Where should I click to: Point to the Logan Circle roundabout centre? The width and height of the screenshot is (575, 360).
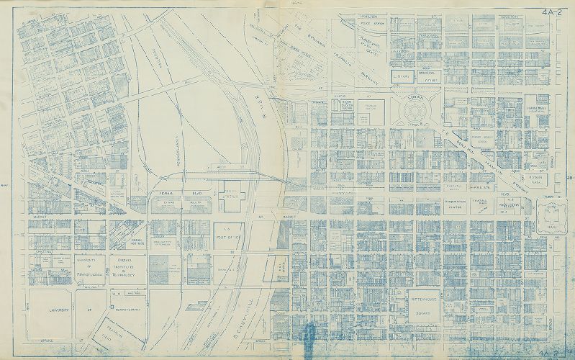[417, 112]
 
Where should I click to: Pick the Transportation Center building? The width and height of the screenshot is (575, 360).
[442, 204]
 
